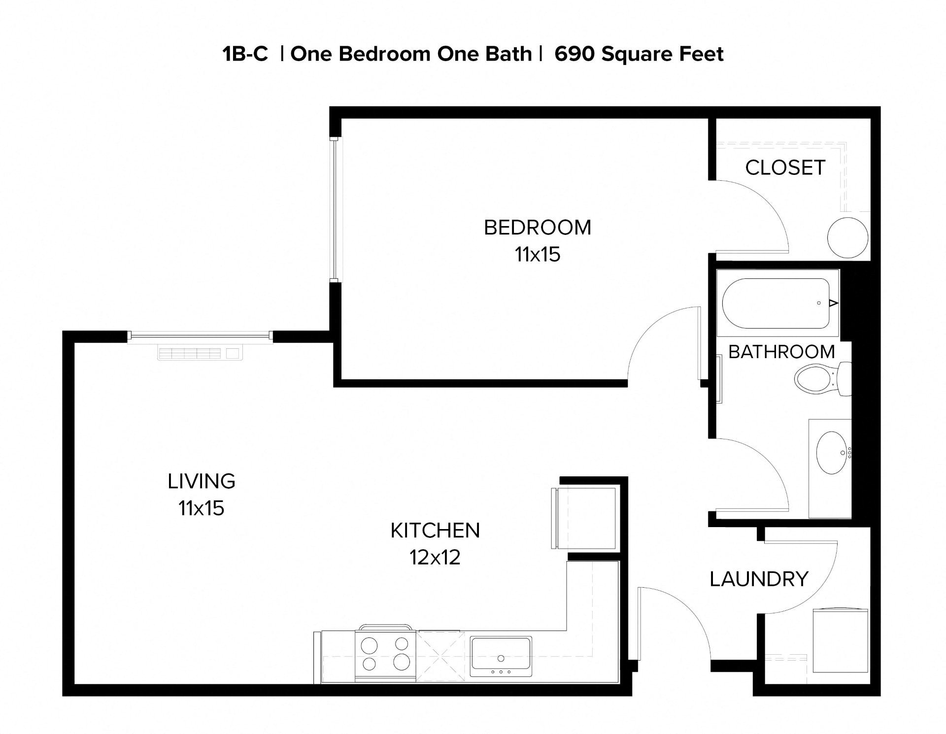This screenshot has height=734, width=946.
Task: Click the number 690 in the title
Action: point(574,54)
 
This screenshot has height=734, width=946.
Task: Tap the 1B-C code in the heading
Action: point(245,54)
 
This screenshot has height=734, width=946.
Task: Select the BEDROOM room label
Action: point(537,228)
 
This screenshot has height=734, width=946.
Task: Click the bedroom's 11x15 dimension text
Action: point(537,255)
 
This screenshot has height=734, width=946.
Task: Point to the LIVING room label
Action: point(201,481)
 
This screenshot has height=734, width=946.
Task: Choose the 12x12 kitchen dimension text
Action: point(435,558)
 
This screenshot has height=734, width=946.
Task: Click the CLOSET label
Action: point(785,168)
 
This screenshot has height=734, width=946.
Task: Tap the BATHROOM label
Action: point(781,352)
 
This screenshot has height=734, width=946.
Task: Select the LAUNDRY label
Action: point(759,579)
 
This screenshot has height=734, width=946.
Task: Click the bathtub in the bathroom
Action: point(776,303)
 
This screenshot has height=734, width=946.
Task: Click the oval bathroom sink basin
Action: point(831,452)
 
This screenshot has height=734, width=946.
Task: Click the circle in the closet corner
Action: point(847,237)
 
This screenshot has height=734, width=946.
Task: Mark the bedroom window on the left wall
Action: point(335,209)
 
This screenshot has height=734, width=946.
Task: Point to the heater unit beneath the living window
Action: point(200,353)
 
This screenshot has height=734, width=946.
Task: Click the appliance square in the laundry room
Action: point(840,641)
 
